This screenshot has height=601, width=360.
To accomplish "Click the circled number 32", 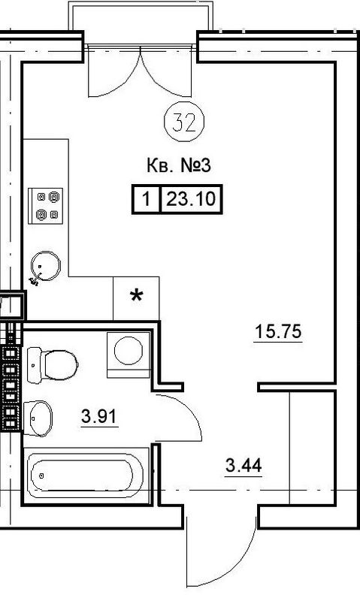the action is [184, 122].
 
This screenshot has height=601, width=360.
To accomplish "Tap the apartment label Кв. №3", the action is [179, 166].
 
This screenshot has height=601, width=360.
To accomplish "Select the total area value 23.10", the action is [191, 199].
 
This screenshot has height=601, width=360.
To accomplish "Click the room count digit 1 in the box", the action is [146, 200].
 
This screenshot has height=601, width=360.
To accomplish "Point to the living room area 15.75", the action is [278, 331].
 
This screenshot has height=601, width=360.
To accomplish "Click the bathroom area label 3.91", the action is [99, 417].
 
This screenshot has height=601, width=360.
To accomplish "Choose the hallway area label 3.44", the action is [244, 466].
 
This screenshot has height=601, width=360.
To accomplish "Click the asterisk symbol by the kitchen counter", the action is [137, 296].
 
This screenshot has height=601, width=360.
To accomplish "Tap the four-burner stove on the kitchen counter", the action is [45, 206].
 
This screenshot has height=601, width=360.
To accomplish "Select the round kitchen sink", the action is [46, 267].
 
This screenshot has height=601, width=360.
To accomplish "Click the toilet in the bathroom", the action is [53, 365].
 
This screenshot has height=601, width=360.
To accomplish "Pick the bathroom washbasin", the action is [38, 418].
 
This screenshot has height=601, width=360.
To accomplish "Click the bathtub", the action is [86, 476].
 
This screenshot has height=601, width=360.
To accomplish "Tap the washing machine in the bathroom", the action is [129, 355].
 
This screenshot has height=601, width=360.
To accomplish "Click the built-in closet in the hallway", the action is [311, 448].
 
